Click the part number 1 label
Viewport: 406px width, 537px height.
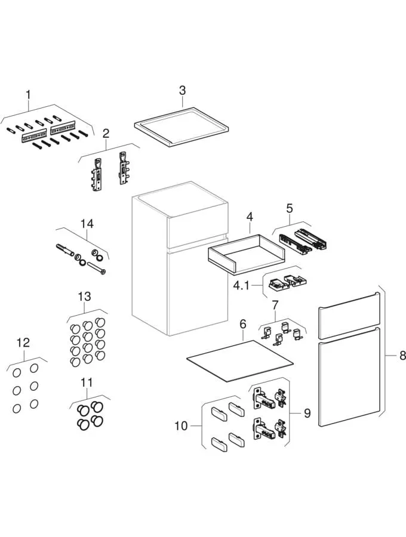tap(27, 94)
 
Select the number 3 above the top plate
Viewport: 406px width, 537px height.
tap(183, 90)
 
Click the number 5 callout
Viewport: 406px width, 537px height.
tap(290, 208)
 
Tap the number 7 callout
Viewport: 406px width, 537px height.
tap(275, 305)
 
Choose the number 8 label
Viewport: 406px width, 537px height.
tap(402, 356)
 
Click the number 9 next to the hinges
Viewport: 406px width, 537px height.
tap(307, 413)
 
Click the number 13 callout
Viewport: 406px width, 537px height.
tap(84, 297)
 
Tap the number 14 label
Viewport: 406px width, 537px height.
tap(87, 224)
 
